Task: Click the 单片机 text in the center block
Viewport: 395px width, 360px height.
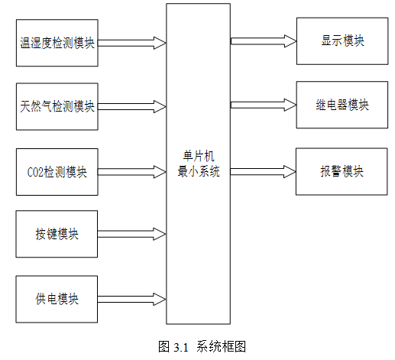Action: pyautogui.click(x=199, y=156)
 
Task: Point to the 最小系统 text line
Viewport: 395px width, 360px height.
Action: pyautogui.click(x=199, y=171)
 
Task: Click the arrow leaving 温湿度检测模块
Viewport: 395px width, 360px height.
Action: pyautogui.click(x=132, y=43)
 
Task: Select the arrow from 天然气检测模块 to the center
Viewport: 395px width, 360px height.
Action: pyautogui.click(x=132, y=106)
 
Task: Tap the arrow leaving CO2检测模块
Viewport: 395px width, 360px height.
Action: pyautogui.click(x=132, y=172)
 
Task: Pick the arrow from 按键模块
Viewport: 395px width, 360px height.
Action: pyautogui.click(x=131, y=234)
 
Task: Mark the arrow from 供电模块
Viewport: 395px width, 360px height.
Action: pyautogui.click(x=131, y=299)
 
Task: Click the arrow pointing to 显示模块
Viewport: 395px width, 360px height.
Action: pyautogui.click(x=264, y=41)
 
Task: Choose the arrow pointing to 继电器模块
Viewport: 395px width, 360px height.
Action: pyautogui.click(x=264, y=105)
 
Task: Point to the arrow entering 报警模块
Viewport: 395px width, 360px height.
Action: pyautogui.click(x=264, y=171)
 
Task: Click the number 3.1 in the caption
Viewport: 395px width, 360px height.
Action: pyautogui.click(x=181, y=347)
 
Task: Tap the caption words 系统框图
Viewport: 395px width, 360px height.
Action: pyautogui.click(x=221, y=346)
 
